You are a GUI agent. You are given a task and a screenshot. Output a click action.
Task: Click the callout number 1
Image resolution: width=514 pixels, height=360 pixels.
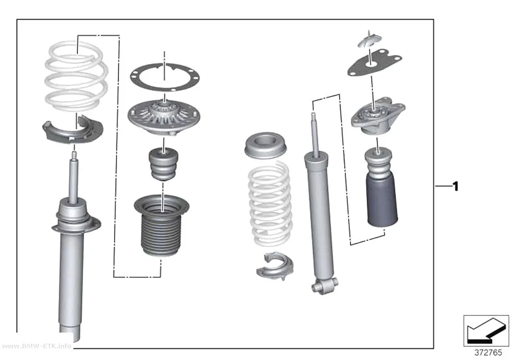(455, 187)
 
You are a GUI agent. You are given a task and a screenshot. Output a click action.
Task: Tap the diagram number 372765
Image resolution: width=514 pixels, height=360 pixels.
(488, 353)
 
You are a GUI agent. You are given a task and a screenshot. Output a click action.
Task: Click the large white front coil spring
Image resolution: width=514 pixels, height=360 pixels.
(76, 76)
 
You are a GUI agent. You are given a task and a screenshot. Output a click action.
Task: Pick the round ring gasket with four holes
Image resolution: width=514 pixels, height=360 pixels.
(164, 77)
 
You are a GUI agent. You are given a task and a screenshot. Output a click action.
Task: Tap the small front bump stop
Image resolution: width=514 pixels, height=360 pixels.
(164, 165)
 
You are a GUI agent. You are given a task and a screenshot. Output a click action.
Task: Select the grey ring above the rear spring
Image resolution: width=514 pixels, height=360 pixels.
(265, 146)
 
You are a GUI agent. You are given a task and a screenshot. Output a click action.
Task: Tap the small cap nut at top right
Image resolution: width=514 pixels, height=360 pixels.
(370, 39)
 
